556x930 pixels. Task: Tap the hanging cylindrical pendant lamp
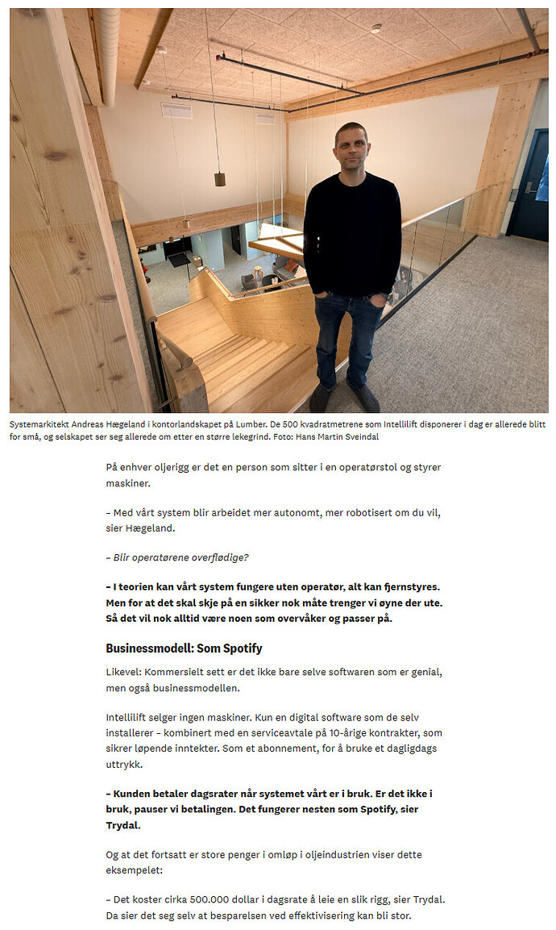(x=219, y=178)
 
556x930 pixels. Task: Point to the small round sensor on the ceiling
(x=376, y=28)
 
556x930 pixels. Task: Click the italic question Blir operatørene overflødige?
(x=182, y=557)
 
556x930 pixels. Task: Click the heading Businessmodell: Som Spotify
(x=184, y=648)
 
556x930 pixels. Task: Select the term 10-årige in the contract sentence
(x=347, y=733)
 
